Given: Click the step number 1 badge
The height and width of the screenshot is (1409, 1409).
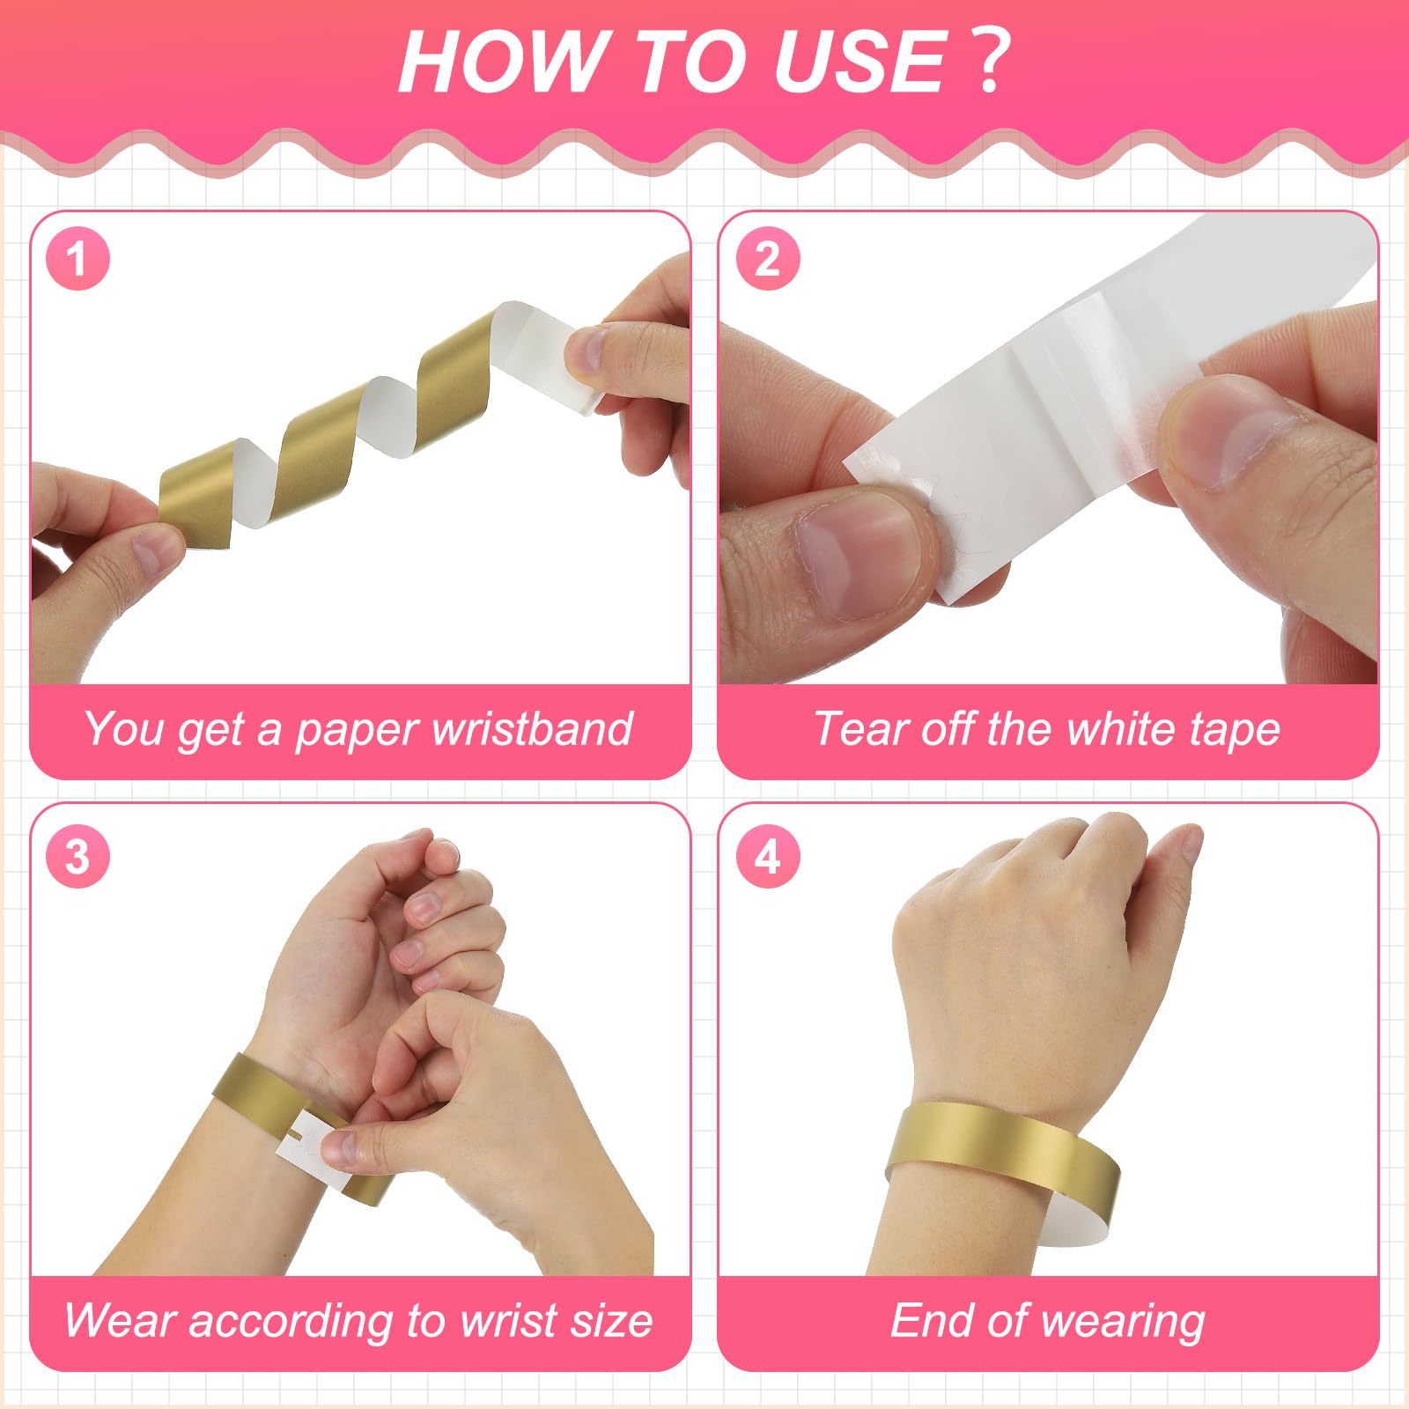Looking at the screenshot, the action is [77, 259].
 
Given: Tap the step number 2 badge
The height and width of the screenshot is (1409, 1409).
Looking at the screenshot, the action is [767, 259].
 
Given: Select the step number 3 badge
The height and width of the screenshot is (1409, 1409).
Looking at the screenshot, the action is [77, 856].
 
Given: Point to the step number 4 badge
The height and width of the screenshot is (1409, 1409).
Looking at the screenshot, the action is [767, 856].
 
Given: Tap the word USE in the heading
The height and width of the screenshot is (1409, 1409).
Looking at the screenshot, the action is [859, 61].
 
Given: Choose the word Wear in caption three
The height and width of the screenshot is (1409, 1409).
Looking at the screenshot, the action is [121, 1320].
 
